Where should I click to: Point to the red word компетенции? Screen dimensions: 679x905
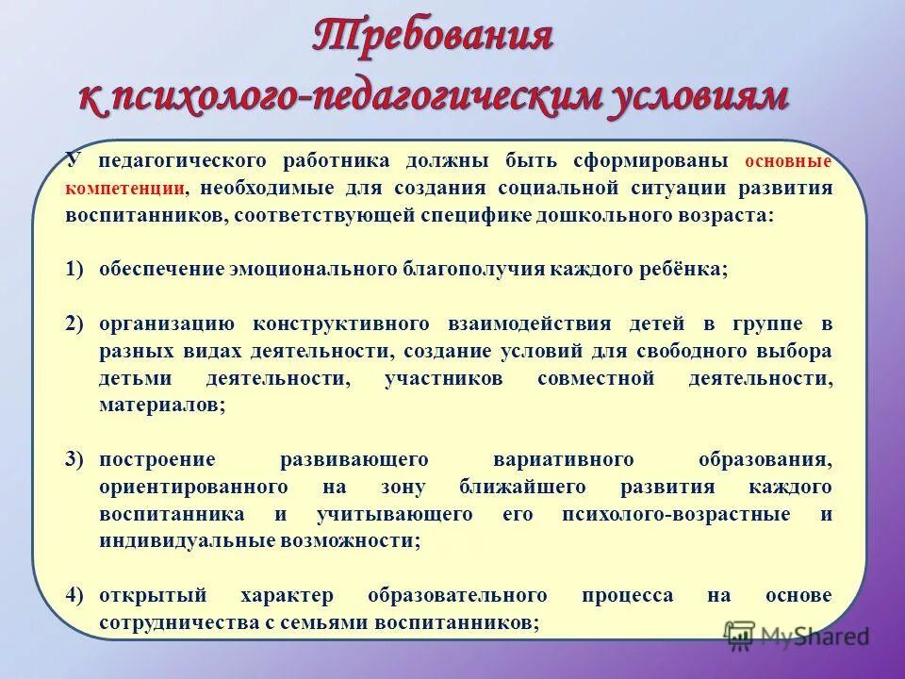pos(124,187)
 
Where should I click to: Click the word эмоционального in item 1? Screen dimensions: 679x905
pos(311,269)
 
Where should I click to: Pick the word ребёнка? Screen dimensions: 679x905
pos(685,269)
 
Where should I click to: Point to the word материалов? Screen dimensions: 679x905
pos(160,406)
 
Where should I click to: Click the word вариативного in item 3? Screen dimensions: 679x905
pos(563,459)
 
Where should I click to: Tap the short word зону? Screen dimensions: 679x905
pos(405,487)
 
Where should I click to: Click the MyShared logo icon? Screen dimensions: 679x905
pos(741,637)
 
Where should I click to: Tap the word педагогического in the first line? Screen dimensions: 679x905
pos(185,159)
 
